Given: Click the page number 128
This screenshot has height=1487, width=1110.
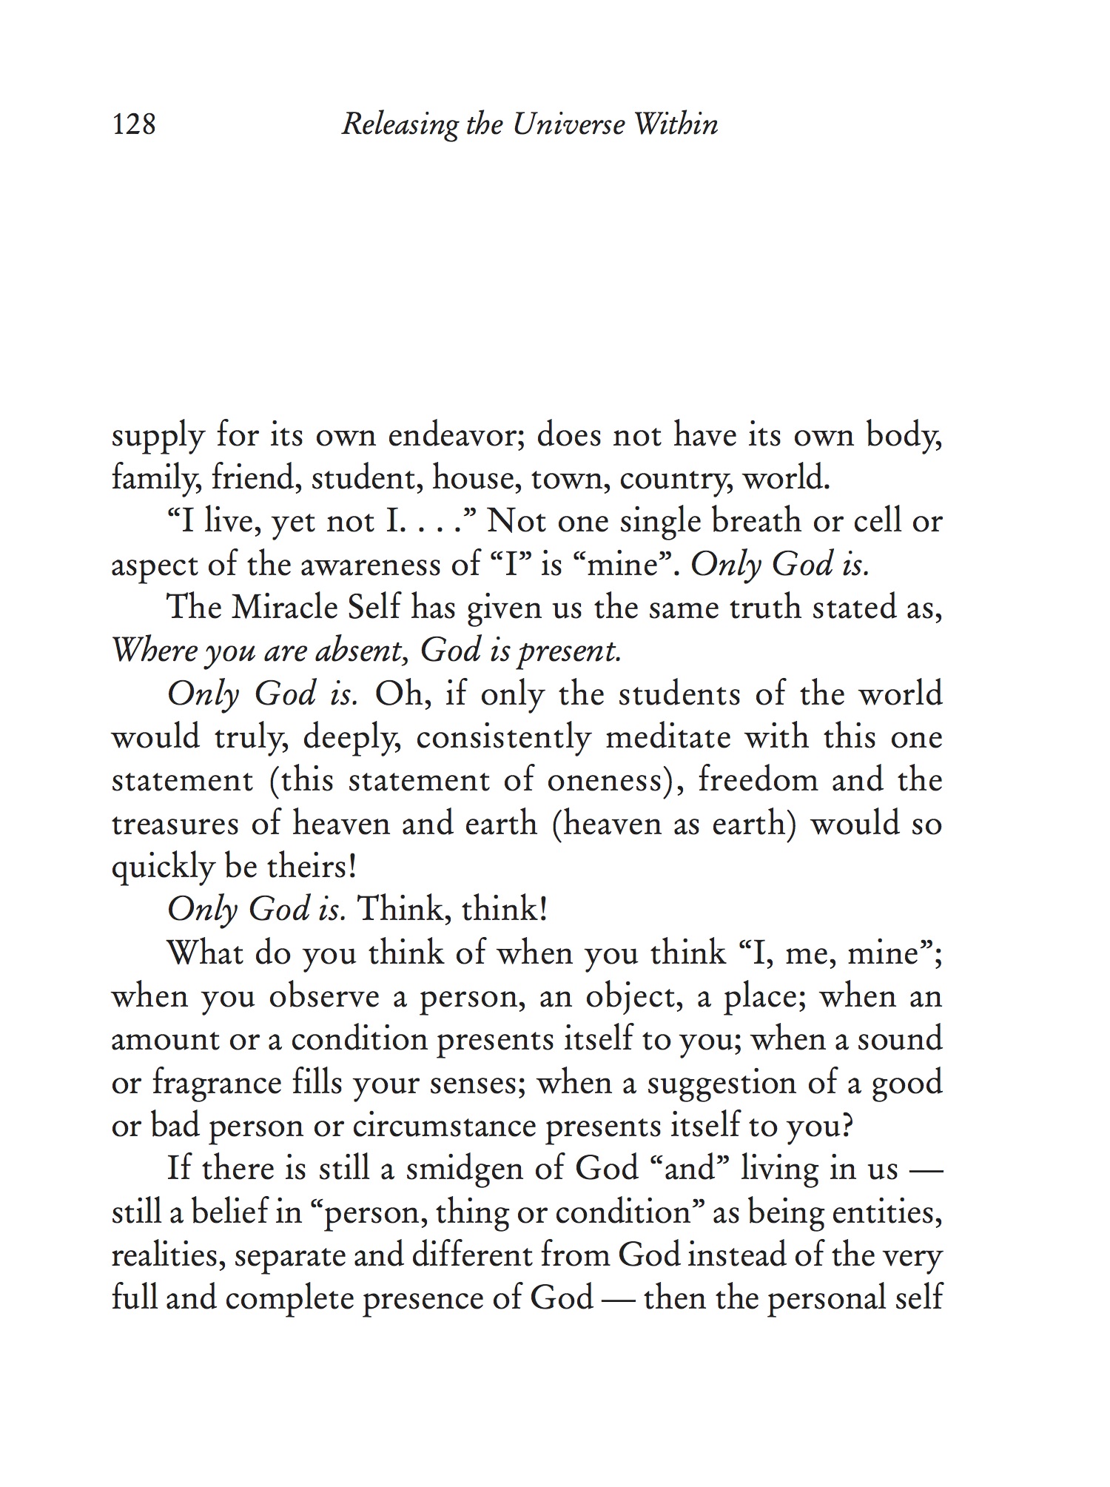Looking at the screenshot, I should [134, 124].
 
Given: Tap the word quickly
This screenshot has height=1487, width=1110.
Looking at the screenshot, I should [162, 867].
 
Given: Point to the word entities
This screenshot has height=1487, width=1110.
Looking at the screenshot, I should [887, 1213].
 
